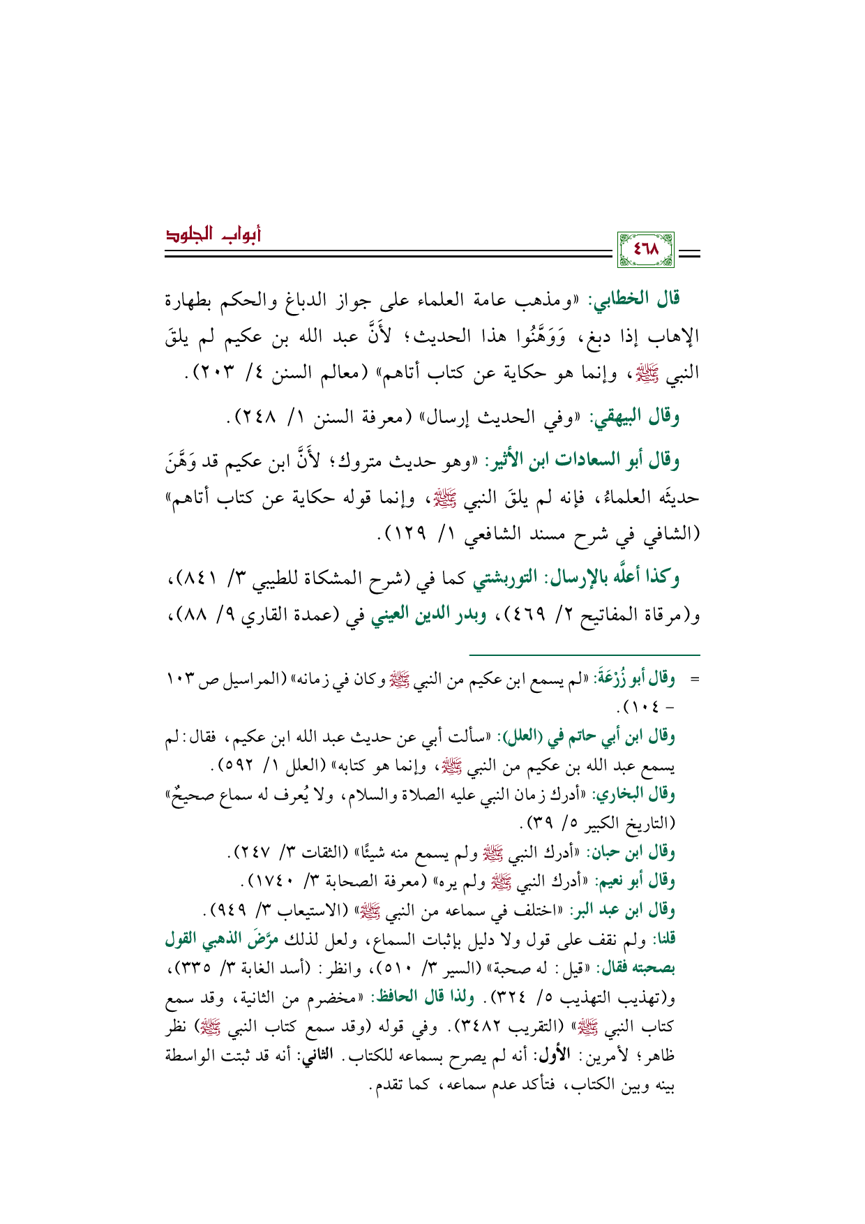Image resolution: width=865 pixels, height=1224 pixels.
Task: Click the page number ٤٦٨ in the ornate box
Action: click(645, 249)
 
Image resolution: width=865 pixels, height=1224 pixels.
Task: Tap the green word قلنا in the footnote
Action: click(663, 939)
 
